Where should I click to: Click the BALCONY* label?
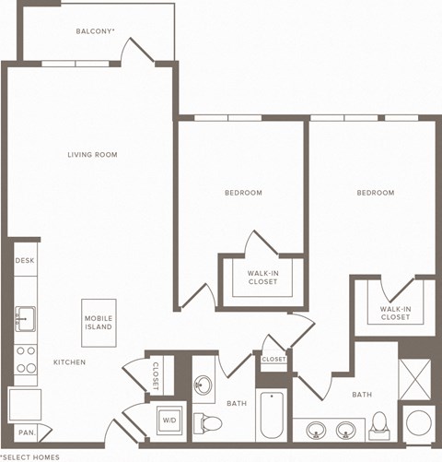tap(96, 31)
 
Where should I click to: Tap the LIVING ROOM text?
tap(92, 154)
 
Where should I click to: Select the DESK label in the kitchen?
tap(25, 261)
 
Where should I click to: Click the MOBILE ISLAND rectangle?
tap(99, 322)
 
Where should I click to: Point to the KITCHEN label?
tap(69, 362)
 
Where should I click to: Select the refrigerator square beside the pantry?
tap(25, 403)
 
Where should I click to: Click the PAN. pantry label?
tap(27, 432)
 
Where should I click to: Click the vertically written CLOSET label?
tap(155, 374)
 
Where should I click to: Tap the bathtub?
tap(273, 416)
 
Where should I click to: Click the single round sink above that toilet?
tap(204, 385)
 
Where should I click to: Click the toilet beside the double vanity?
tap(378, 425)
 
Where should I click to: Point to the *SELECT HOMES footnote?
tap(30, 456)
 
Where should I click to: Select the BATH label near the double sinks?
tap(362, 395)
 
